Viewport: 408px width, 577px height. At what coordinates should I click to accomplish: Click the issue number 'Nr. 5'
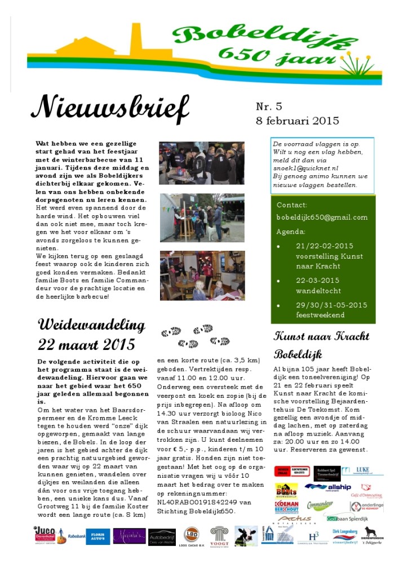pyautogui.click(x=270, y=106)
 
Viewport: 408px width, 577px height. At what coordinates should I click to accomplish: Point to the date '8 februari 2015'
pyautogui.click(x=297, y=120)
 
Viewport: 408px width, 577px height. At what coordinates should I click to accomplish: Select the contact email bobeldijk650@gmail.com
pyautogui.click(x=322, y=218)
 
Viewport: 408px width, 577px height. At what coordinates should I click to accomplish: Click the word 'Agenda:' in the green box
pyautogui.click(x=292, y=232)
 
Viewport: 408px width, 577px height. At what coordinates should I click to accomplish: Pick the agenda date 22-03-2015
pyautogui.click(x=317, y=281)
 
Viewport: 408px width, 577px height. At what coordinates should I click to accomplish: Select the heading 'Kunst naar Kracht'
pyautogui.click(x=321, y=337)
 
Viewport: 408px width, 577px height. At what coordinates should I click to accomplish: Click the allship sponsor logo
pyautogui.click(x=327, y=487)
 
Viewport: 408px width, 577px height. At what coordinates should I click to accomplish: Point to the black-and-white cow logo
pyautogui.click(x=246, y=536)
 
